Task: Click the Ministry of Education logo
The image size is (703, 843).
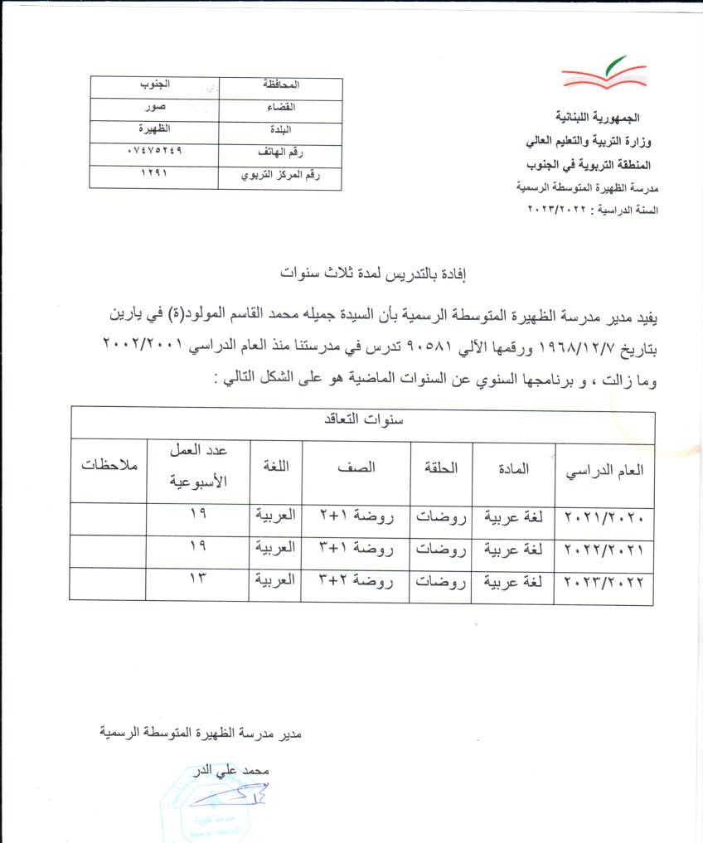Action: pos(604,72)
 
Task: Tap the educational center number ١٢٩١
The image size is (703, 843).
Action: pos(154,175)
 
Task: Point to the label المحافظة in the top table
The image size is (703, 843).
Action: pos(280,85)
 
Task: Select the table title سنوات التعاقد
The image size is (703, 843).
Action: pos(363,419)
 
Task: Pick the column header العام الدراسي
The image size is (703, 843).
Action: pos(604,469)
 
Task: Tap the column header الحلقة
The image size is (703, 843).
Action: pos(440,467)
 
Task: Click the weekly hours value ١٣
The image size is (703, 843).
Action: pos(197,579)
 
